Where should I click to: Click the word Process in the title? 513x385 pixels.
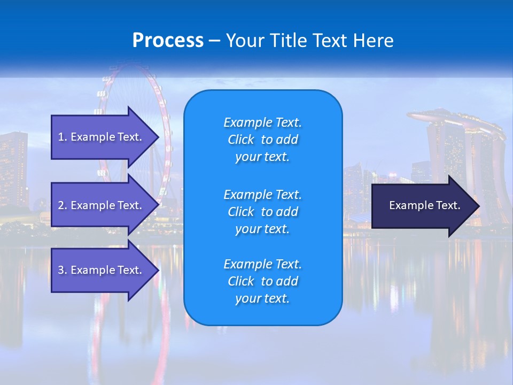pos(168,41)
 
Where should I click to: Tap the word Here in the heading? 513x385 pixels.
pos(373,41)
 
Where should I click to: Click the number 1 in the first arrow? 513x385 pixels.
pos(61,137)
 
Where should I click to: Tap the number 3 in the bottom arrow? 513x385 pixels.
pos(61,270)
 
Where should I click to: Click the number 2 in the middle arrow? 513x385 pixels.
pos(61,205)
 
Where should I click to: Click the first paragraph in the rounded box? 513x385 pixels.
pos(262,140)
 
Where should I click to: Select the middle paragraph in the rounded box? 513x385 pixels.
pos(262,212)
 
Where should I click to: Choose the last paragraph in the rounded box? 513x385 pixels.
pos(262,281)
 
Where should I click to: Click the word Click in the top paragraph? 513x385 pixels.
pos(241,140)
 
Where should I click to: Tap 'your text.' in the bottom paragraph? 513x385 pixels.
pos(262,298)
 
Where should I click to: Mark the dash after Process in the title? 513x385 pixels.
pos(214,41)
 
